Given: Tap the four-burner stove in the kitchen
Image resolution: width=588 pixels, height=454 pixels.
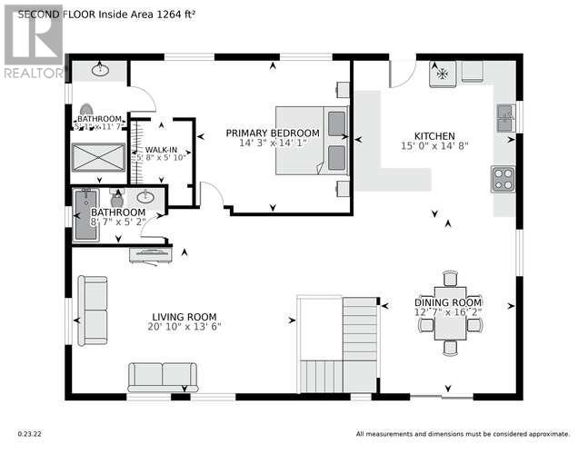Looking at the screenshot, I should (503, 179).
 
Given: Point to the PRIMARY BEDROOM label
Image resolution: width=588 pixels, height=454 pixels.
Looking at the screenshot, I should (273, 133).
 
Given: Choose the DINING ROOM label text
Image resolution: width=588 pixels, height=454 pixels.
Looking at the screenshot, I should (448, 302).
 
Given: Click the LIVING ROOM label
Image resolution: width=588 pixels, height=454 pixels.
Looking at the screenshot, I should (184, 316).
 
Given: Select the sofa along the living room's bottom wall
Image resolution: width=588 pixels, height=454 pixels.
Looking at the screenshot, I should (163, 375).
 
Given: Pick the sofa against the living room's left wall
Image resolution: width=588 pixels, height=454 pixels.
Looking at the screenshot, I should (91, 311).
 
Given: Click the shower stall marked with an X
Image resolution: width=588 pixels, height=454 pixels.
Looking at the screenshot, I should (98, 157).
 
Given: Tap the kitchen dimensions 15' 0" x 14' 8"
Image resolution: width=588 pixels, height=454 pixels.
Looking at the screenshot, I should (434, 145).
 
